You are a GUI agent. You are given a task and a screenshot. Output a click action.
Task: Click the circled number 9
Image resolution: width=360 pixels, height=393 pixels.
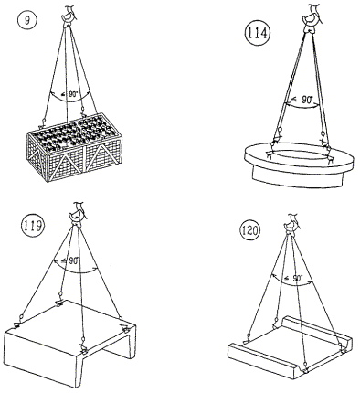(27, 21)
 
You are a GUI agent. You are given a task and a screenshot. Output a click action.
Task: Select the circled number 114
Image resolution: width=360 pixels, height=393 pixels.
(257, 33)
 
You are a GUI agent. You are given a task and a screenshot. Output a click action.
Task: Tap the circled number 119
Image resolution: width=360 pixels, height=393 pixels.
(32, 226)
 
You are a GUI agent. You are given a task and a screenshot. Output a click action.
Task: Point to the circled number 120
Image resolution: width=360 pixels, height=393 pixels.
(249, 230)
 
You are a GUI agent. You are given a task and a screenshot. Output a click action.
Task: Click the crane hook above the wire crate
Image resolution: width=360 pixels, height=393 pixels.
(69, 16)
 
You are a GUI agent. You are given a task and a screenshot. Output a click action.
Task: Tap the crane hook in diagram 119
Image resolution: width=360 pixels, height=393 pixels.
(77, 214)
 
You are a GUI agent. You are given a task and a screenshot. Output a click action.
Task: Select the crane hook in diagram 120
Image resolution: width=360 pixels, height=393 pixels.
(291, 224)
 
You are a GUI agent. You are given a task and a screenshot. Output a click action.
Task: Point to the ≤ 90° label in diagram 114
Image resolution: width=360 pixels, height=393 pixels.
(302, 100)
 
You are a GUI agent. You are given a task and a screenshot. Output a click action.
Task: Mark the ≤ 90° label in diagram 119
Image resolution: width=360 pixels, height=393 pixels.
(69, 260)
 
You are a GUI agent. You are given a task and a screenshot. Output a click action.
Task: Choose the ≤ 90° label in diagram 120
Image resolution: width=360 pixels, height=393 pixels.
(293, 278)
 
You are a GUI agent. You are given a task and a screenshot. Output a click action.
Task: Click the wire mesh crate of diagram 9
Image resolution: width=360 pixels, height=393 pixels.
(74, 147)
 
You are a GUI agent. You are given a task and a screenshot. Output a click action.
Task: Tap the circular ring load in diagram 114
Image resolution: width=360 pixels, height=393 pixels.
(299, 165)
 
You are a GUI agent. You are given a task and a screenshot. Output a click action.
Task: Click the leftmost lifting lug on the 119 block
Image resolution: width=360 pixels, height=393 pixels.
(16, 325)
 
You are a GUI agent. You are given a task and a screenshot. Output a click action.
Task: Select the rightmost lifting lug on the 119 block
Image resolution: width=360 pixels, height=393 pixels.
(124, 327)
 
